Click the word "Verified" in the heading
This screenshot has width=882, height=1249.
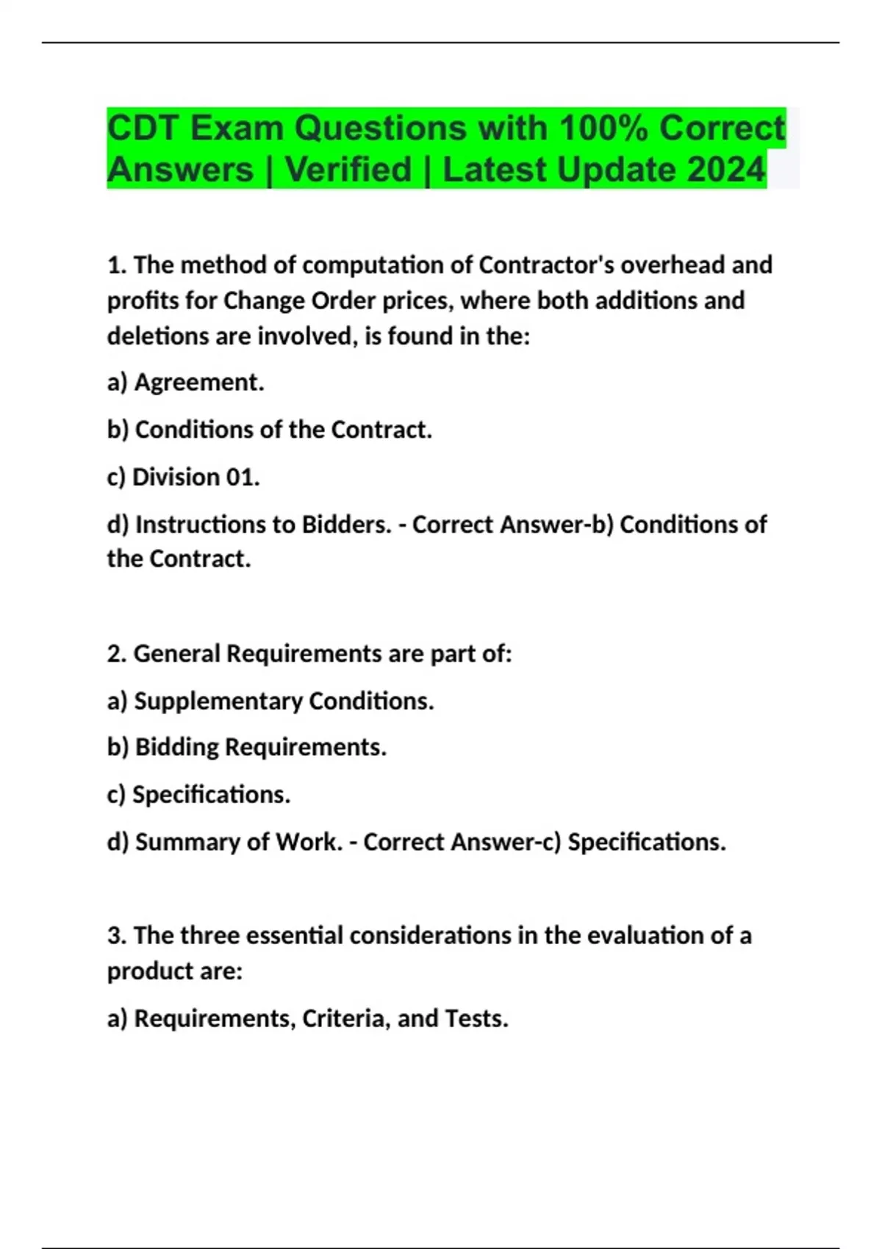coord(348,170)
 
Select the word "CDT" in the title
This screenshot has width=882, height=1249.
coord(143,129)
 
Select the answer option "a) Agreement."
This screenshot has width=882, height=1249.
coord(185,382)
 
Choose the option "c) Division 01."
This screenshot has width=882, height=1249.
coord(183,477)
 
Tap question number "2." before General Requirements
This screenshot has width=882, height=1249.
coord(117,653)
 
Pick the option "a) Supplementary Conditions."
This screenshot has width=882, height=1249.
coord(270,701)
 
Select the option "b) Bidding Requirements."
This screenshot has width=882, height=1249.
coord(246,747)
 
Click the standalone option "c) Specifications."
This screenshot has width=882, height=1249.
coord(198,794)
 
